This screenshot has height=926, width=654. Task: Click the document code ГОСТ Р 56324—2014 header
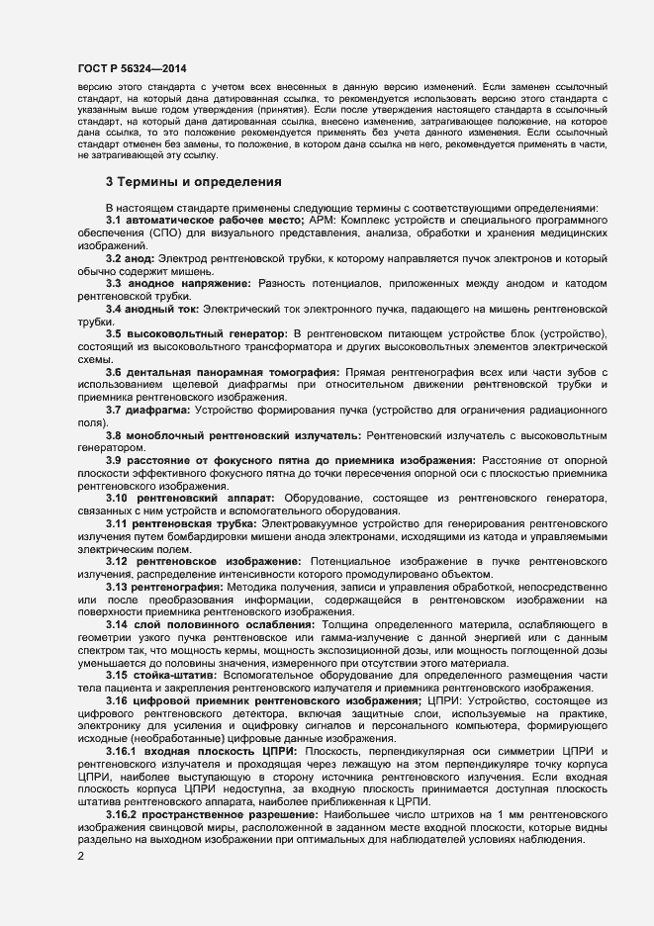(132, 68)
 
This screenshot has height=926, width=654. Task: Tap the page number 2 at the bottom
(80, 856)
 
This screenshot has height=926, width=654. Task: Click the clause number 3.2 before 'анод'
(114, 258)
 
